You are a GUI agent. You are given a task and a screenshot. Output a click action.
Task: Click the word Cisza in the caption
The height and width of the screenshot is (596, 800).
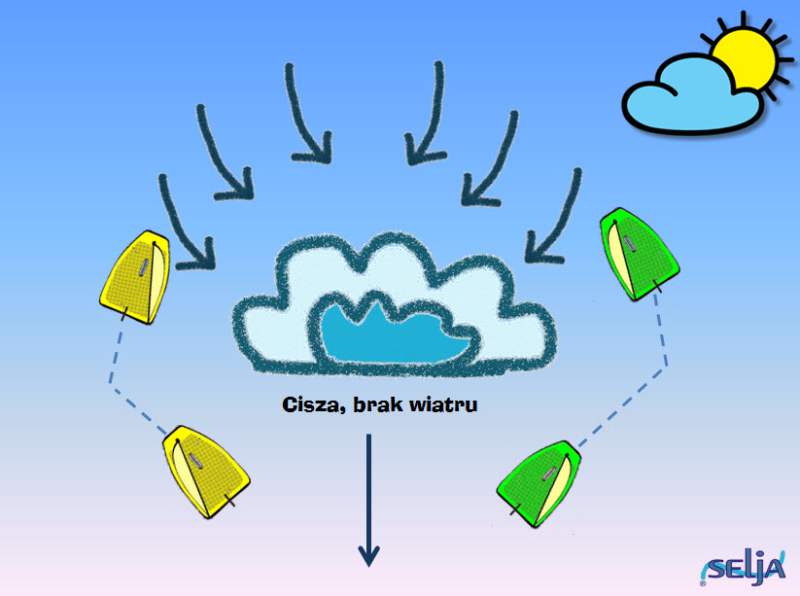click(x=310, y=404)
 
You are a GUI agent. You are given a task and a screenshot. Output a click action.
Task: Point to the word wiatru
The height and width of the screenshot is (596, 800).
click(x=443, y=404)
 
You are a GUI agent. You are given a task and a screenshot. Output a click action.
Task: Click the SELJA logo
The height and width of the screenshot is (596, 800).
click(x=743, y=568)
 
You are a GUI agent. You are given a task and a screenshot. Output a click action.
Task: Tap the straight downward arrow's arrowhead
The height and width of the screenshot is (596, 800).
click(x=368, y=556)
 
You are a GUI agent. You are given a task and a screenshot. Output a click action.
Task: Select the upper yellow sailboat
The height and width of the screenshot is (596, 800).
click(x=135, y=277)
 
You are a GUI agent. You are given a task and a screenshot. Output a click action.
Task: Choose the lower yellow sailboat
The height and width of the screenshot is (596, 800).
click(x=206, y=471)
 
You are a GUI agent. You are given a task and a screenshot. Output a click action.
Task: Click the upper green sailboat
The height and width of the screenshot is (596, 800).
click(x=639, y=254)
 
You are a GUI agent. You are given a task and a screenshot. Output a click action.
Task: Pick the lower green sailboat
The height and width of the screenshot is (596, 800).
click(x=539, y=483)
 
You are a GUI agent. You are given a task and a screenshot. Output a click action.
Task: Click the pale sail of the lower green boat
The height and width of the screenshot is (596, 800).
click(x=556, y=489)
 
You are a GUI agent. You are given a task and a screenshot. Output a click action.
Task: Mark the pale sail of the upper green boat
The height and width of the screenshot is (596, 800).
click(x=619, y=260)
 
